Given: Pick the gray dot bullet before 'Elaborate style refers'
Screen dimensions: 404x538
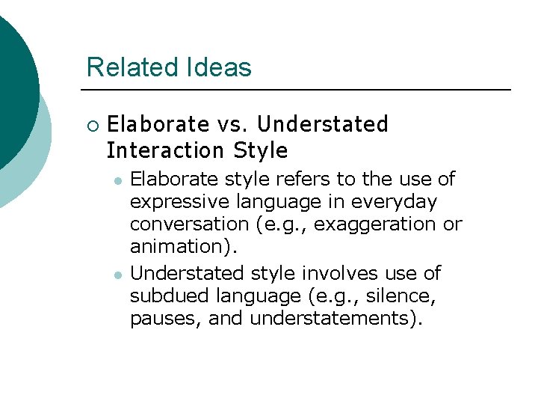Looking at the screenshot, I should (x=117, y=180).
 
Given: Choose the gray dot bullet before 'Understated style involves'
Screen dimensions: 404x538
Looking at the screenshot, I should (x=117, y=275).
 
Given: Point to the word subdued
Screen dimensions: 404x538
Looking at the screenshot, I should (x=165, y=296).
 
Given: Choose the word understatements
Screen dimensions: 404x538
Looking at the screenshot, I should (x=336, y=318).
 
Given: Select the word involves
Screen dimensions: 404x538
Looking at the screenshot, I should (x=340, y=273).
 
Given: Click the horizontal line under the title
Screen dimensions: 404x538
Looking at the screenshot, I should (x=299, y=90).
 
